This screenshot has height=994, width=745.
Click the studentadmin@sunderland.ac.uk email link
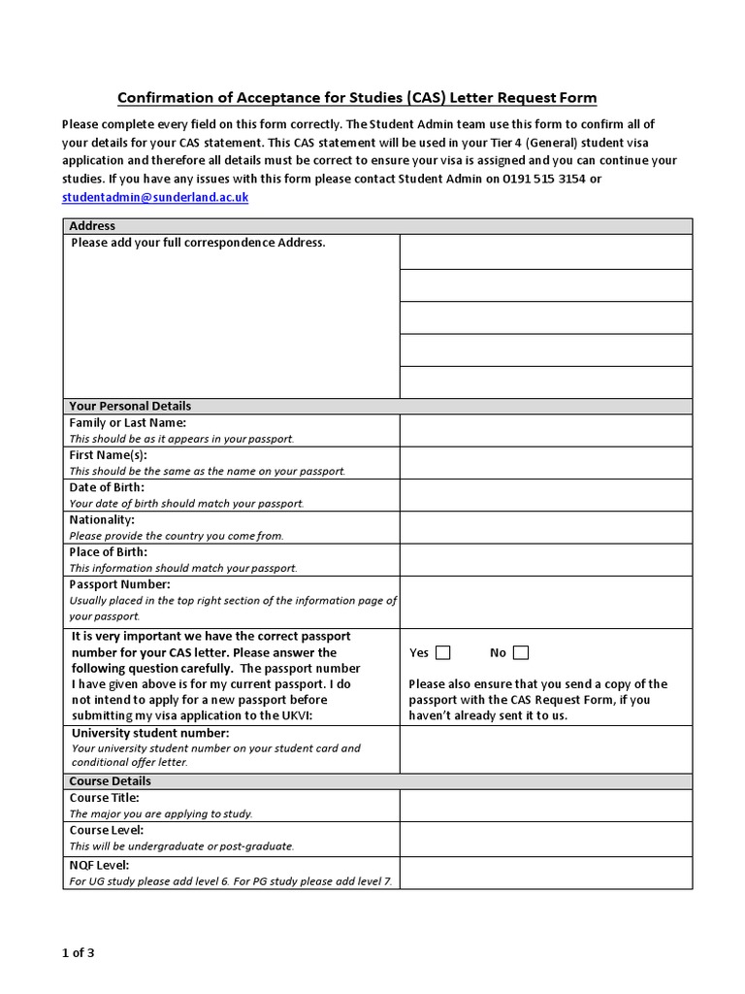[155, 197]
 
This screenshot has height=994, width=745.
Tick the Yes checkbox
[443, 652]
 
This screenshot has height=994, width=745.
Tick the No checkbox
[521, 652]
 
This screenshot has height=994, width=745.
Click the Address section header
[92, 226]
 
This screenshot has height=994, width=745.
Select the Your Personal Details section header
[130, 406]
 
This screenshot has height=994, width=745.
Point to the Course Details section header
[110, 780]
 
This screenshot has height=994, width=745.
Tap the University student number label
[149, 733]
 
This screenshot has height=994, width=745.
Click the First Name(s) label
[108, 455]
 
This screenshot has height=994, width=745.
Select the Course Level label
[107, 831]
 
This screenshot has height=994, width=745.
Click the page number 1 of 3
[78, 952]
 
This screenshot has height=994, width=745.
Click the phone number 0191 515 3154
[538, 179]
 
